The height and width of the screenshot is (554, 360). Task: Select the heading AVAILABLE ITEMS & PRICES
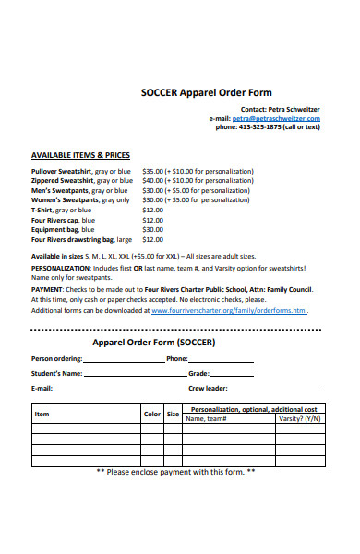[81, 155]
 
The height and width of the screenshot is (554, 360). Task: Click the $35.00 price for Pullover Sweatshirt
[152, 172]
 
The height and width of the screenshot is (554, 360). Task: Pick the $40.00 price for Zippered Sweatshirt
[152, 181]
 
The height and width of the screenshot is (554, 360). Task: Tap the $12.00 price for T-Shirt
[152, 211]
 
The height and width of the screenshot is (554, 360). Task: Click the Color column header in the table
[152, 415]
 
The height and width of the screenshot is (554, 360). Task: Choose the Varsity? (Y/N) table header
[299, 419]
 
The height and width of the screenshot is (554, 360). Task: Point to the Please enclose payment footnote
[175, 472]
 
